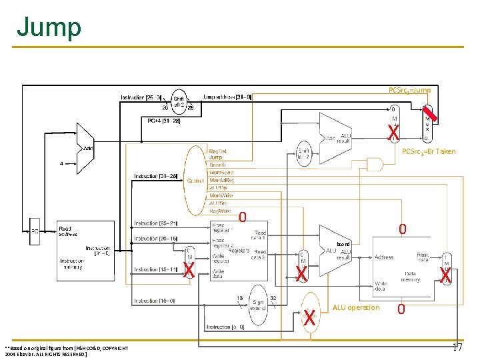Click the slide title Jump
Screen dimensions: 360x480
(x=49, y=27)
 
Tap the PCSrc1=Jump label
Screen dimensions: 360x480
(x=409, y=90)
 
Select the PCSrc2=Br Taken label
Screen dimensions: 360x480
(x=428, y=151)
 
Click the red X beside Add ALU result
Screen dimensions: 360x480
(x=394, y=133)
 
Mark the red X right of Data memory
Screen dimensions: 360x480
(x=445, y=274)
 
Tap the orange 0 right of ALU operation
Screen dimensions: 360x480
(x=401, y=309)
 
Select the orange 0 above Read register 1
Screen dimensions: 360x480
(x=243, y=217)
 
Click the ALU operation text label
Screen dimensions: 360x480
(x=355, y=307)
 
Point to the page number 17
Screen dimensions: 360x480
(x=457, y=347)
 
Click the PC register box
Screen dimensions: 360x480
(x=34, y=231)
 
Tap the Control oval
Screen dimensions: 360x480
(x=195, y=181)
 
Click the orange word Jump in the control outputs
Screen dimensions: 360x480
(x=216, y=157)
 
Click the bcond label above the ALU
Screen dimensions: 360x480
(x=343, y=244)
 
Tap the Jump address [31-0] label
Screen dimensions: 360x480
(x=227, y=97)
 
